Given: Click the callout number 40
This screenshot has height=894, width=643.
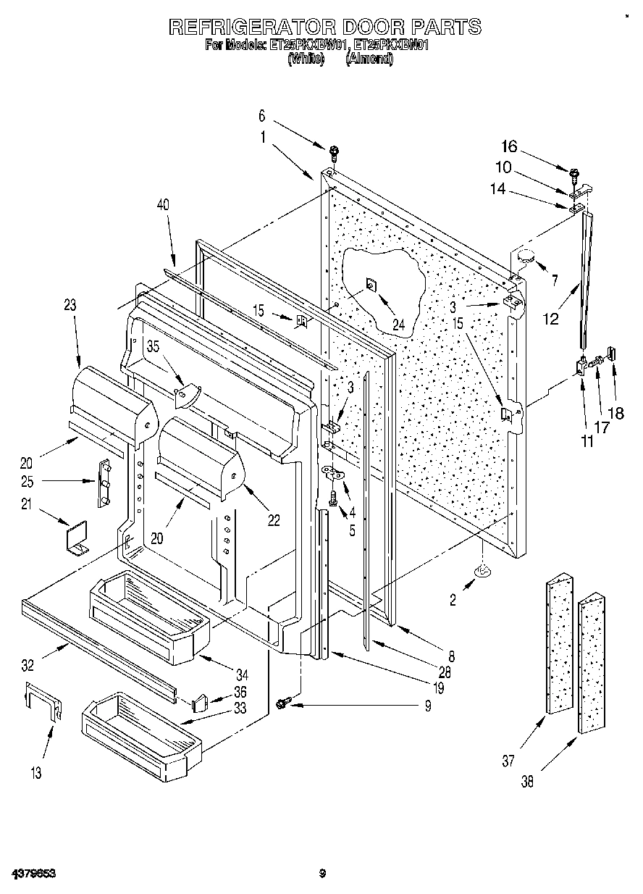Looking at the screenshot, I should (x=164, y=205).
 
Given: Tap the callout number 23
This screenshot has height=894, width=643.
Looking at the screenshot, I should (x=70, y=306).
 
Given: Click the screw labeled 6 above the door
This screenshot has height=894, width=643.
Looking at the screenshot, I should (x=334, y=152).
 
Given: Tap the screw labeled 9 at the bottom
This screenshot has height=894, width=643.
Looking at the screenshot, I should (x=283, y=701).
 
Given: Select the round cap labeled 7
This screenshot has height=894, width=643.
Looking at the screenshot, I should (x=526, y=254).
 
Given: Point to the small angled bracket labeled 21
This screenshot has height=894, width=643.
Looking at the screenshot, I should (x=75, y=540).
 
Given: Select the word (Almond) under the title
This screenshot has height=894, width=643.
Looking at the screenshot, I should (x=369, y=60).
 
